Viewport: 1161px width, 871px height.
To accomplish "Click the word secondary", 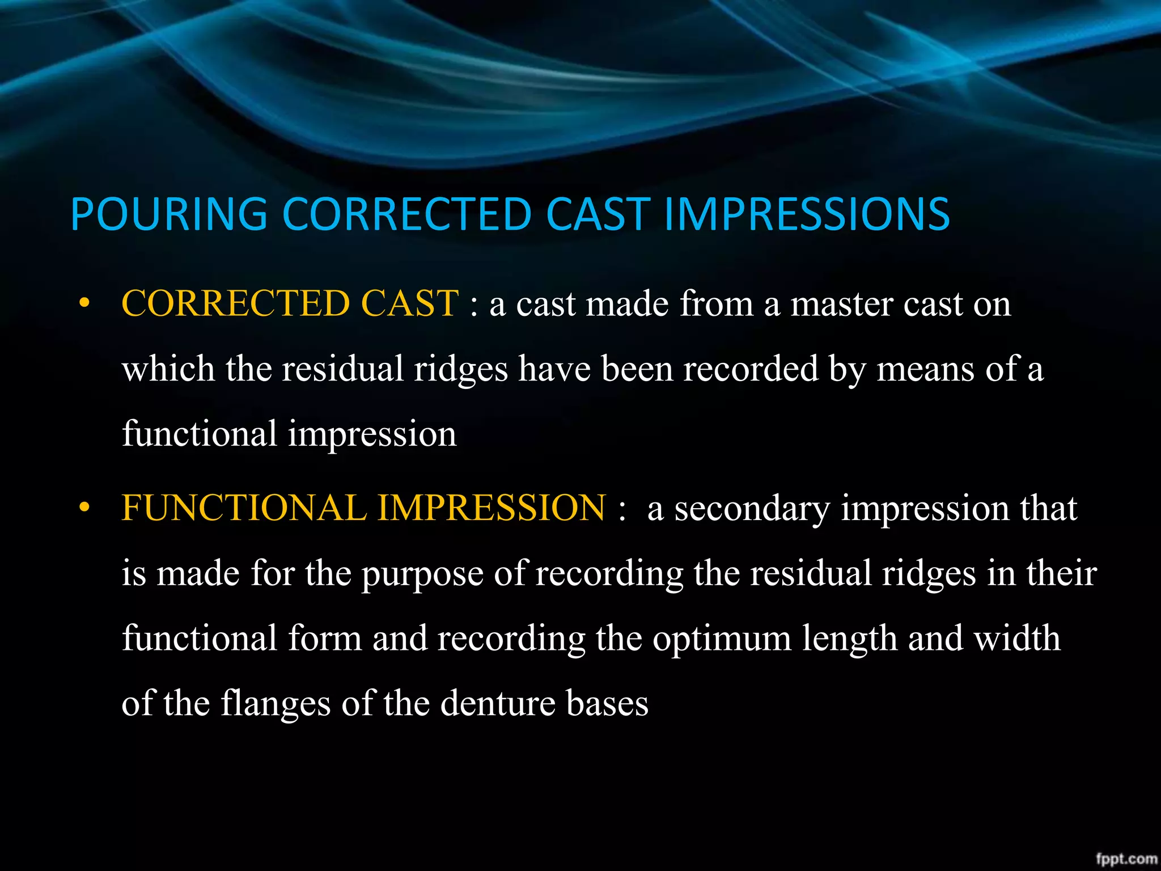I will pyautogui.click(x=752, y=508).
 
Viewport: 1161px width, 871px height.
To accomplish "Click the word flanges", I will pyautogui.click(x=276, y=704).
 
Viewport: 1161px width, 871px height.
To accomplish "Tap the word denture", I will pyautogui.click(x=498, y=704).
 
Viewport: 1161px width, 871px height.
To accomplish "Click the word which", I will pyautogui.click(x=168, y=369).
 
